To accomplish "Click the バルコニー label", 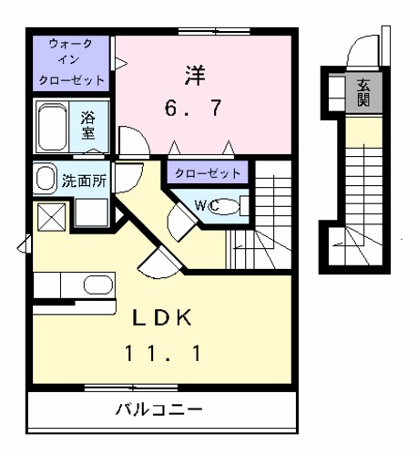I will pos(158,407).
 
